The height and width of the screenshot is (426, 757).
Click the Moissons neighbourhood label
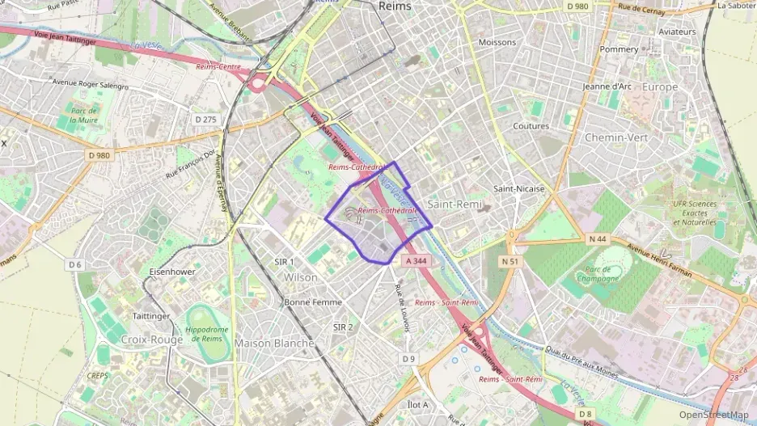click(497, 42)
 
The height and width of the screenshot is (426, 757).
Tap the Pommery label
click(619, 49)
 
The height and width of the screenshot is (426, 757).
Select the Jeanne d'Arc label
click(607, 86)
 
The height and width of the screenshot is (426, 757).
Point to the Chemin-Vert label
click(616, 137)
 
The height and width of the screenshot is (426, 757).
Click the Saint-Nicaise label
click(519, 189)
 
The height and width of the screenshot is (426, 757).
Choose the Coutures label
click(531, 126)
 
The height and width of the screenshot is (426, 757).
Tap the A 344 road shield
click(415, 261)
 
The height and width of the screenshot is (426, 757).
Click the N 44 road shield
click(598, 238)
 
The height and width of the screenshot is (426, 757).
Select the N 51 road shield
click(510, 261)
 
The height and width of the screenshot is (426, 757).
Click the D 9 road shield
click(408, 359)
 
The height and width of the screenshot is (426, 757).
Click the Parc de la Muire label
click(84, 116)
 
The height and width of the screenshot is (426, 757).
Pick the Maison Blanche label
click(274, 344)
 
